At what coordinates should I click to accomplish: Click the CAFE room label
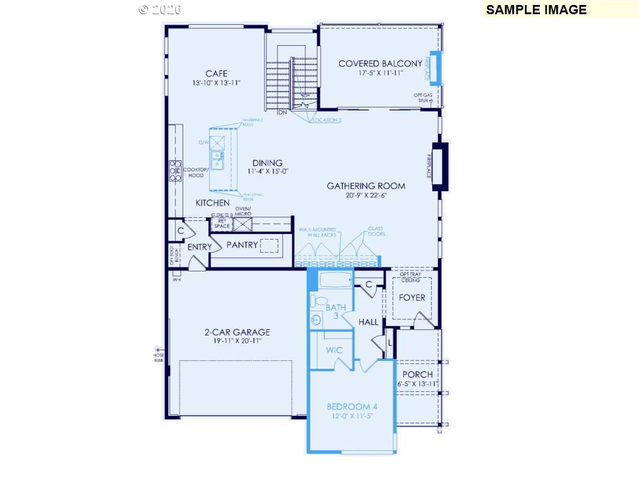[216, 74]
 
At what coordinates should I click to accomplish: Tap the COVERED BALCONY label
[380, 64]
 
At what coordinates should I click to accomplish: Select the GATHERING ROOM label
[366, 186]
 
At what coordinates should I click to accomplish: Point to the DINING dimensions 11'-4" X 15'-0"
[267, 171]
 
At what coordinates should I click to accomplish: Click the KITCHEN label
[212, 203]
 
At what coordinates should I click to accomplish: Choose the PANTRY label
[241, 245]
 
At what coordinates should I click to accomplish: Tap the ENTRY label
[200, 247]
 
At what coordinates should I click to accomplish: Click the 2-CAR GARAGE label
[237, 332]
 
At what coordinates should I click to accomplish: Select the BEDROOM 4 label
[352, 407]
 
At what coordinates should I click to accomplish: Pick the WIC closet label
[334, 350]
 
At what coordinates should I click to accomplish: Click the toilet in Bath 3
[318, 301]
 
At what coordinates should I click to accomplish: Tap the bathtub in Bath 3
[334, 280]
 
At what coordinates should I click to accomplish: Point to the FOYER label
[412, 298]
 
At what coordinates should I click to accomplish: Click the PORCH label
[417, 374]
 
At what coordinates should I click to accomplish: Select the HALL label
[368, 322]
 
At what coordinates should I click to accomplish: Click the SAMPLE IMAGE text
[536, 9]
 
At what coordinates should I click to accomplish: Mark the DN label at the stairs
[282, 113]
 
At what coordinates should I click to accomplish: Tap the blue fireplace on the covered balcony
[435, 68]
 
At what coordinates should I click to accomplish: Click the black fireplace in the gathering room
[440, 166]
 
